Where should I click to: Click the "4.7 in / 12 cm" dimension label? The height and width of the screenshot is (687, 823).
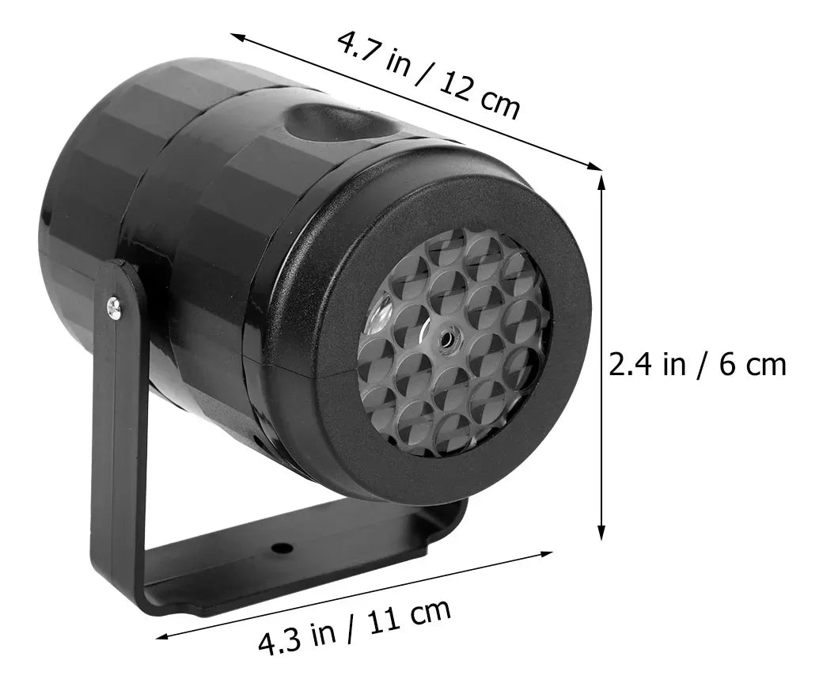428,74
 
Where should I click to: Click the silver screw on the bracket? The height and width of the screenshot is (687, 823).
116,307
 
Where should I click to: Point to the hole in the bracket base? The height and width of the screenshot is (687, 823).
279,548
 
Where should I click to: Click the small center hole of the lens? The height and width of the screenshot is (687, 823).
448,338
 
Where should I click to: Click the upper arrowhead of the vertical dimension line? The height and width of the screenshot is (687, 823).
601,181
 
